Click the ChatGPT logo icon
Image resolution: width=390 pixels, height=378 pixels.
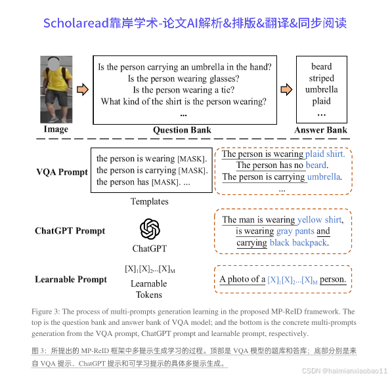(150, 229)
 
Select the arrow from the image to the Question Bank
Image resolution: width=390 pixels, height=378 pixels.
(83, 89)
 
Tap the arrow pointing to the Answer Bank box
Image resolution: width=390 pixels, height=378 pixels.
(286, 89)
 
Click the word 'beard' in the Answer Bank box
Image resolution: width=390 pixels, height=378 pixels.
(322, 66)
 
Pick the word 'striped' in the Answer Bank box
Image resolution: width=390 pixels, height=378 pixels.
(322, 78)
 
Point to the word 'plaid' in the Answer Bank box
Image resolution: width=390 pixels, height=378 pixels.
(322, 102)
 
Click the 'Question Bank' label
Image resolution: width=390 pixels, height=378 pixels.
(182, 130)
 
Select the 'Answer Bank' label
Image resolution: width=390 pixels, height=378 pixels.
(321, 130)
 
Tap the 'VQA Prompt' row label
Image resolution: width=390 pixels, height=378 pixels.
(62, 173)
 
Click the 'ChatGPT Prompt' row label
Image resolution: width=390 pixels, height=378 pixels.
(70, 231)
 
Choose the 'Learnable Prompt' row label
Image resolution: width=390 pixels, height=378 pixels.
(71, 280)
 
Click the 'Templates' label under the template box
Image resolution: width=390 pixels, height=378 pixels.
(150, 201)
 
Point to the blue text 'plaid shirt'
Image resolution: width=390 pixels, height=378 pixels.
(325, 154)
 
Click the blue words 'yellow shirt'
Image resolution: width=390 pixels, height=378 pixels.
(320, 220)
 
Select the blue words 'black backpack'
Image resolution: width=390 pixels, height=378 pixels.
(298, 243)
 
